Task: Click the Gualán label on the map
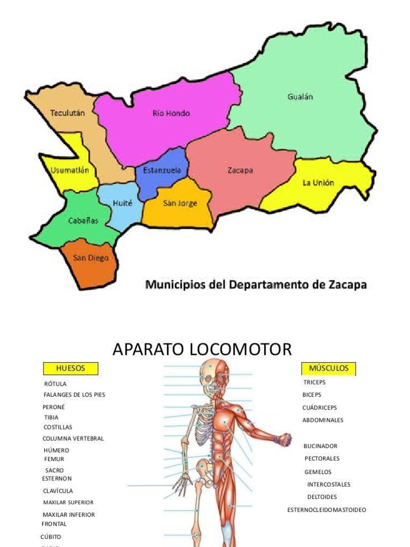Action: coord(300,97)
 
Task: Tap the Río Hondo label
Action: coord(171,113)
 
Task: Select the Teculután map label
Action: coord(67,113)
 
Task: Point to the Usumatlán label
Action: coord(70,170)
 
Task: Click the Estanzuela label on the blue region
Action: coord(162,170)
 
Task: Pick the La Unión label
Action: coord(318,183)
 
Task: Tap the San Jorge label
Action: coord(180,203)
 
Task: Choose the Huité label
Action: coord(122,203)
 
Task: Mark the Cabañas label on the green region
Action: coord(83,220)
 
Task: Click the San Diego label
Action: coord(91,258)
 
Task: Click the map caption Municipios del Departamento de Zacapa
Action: coord(256,285)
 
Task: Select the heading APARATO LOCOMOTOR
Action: coord(202,349)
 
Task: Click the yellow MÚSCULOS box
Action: coord(329,368)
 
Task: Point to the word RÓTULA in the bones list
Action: coord(55,384)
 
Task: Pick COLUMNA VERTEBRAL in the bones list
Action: coord(73,439)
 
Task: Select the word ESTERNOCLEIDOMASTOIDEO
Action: coord(327,510)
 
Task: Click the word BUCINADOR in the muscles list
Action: coord(320,446)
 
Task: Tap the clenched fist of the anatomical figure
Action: coord(283,440)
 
